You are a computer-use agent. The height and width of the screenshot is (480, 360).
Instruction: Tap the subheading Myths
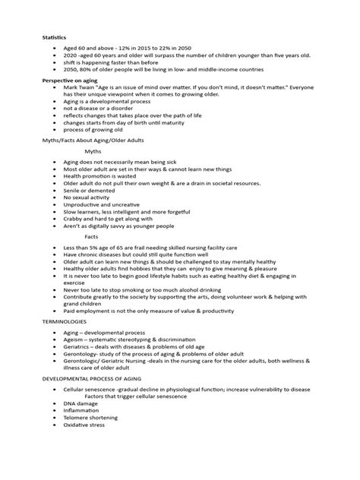93,152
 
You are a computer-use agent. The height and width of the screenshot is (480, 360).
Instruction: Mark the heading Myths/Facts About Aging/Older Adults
92,140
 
